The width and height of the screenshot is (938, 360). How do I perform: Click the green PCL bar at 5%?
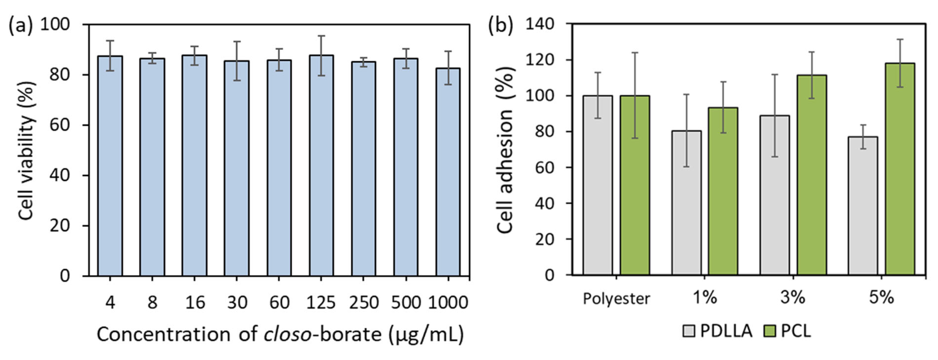pyautogui.click(x=900, y=169)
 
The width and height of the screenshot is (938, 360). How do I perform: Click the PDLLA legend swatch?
pyautogui.click(x=688, y=331)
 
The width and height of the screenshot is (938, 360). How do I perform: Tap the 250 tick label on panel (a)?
pyautogui.click(x=363, y=302)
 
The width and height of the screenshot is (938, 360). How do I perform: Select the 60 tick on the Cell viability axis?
pyautogui.click(x=59, y=125)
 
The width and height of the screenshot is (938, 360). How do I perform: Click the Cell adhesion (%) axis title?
pyautogui.click(x=505, y=149)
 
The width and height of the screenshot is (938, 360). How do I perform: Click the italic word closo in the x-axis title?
pyautogui.click(x=287, y=334)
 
